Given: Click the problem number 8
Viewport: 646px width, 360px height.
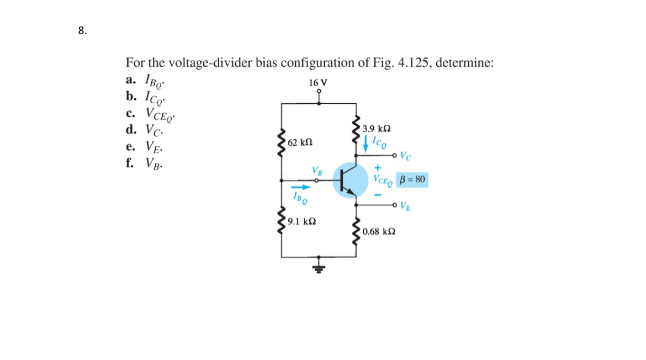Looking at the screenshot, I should [x=82, y=31].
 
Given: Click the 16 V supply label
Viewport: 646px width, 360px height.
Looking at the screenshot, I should [x=318, y=83].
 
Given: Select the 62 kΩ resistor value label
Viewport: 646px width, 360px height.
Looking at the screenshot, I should [x=300, y=142].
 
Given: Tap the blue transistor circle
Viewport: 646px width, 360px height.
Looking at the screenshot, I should [x=350, y=179].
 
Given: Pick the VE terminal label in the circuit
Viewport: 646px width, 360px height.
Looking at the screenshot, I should [x=405, y=208].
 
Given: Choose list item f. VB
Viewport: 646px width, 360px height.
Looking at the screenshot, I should [x=144, y=163].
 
